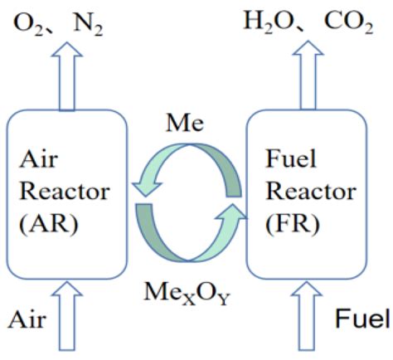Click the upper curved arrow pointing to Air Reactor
pyautogui.click(x=182, y=163)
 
